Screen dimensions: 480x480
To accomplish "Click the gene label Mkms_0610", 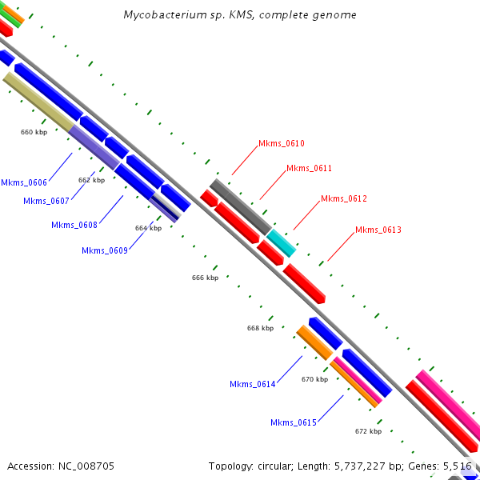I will [281, 144].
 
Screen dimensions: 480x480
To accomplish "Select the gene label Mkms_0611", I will [309, 168].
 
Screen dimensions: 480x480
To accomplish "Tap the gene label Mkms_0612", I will [343, 198].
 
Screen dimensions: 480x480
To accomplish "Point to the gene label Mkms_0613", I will [378, 230].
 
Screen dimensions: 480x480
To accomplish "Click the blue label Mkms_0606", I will [24, 182].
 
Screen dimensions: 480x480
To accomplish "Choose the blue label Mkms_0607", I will [46, 201].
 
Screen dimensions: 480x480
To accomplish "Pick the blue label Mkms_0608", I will [74, 225].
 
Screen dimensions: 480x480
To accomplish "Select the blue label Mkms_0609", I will [105, 250].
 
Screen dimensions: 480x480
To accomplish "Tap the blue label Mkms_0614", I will [252, 384].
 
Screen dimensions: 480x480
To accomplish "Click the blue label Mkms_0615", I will [293, 422].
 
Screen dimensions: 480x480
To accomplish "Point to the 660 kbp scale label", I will [34, 132].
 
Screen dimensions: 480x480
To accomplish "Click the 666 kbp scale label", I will [205, 278].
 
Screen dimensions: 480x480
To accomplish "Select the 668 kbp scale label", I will [260, 328].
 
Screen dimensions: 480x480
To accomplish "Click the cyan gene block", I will [281, 242].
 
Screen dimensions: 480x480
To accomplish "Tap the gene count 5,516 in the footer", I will [458, 466].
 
